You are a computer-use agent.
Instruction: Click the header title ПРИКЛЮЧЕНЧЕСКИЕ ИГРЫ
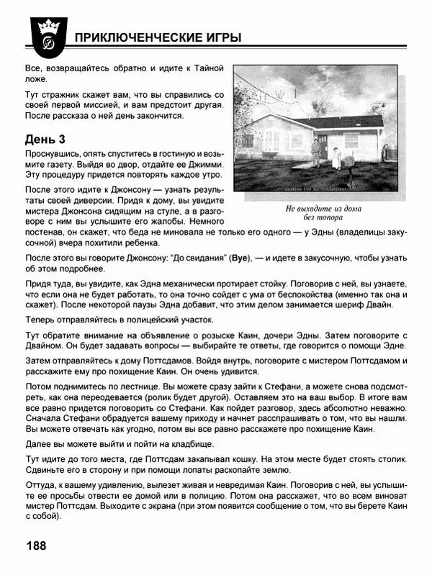tap(158, 37)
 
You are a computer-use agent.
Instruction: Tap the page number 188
tap(36, 545)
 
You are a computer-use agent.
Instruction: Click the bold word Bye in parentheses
tap(240, 257)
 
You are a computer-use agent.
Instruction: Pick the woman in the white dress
tap(334, 158)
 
